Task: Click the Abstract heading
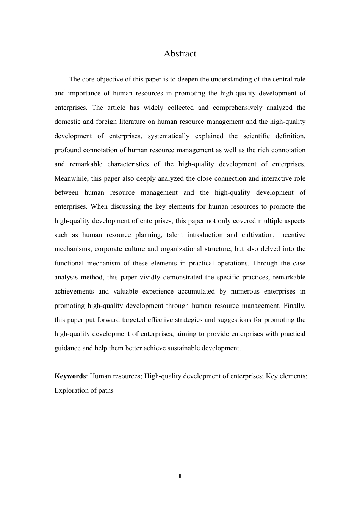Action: [180, 53]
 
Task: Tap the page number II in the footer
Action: [180, 476]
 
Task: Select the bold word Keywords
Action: [70, 376]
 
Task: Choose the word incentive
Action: [292, 235]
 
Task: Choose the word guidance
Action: [67, 348]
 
